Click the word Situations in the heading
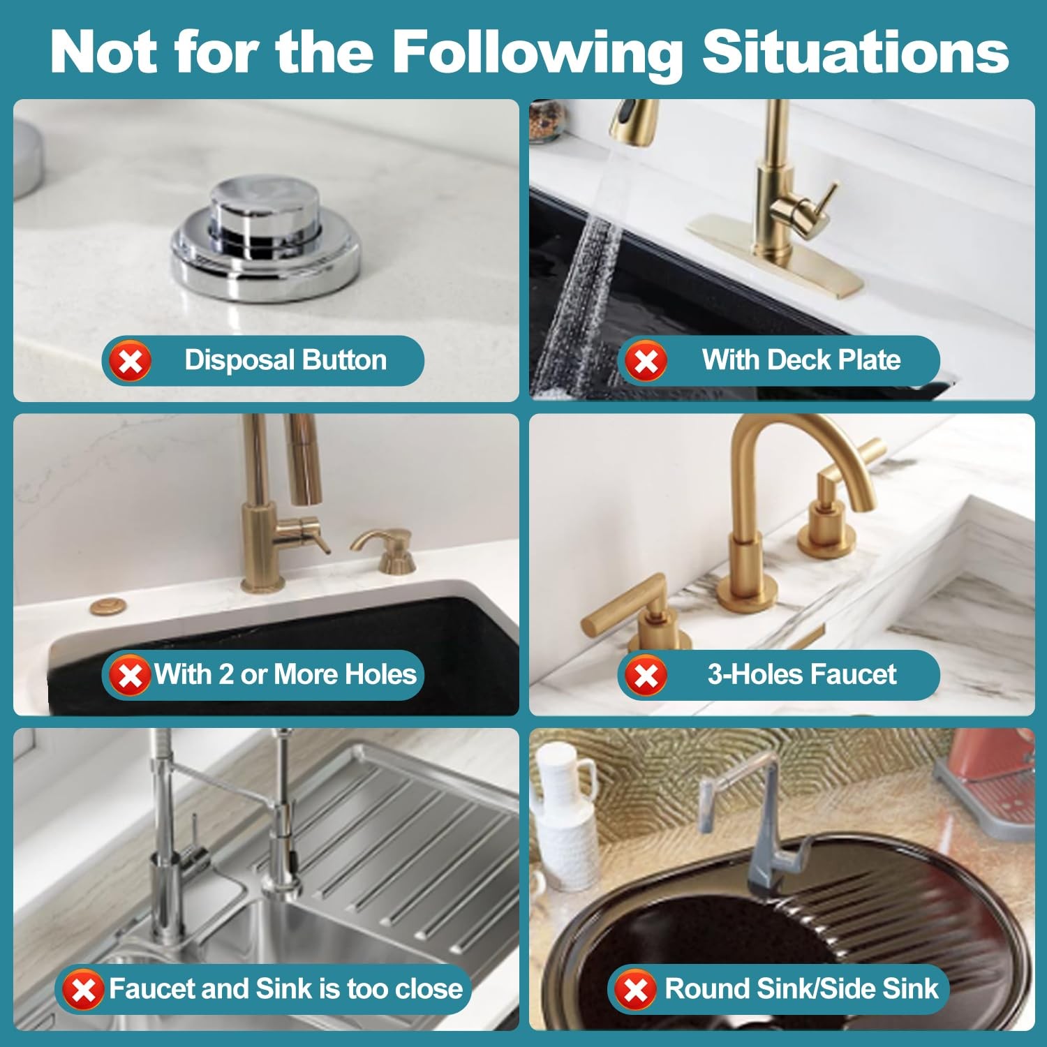coord(855,52)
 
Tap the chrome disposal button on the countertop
coord(266,237)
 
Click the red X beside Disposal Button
coord(130,361)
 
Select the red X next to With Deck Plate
coord(646,361)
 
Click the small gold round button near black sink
coord(107,606)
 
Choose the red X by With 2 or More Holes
coord(130,675)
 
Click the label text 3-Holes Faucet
coord(801,674)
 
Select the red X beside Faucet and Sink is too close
coord(84,989)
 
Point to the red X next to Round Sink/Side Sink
coord(635,989)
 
